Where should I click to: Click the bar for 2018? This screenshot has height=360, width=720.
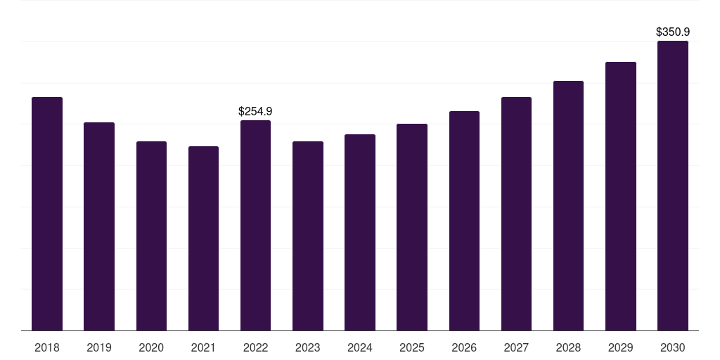47,214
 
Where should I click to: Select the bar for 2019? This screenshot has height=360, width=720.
99,226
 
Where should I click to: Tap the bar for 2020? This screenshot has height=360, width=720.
151,236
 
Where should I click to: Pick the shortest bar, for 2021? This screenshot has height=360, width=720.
203,238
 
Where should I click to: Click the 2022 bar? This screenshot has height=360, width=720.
255,226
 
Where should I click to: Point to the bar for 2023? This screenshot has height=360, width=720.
308,236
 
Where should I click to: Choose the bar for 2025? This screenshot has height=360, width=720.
412,227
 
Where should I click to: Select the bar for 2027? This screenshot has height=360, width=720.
516,214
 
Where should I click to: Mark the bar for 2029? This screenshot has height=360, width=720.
620,196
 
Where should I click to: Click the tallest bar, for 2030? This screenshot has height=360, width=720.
673,186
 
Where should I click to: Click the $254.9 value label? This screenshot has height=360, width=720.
255,111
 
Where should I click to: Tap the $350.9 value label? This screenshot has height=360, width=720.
673,32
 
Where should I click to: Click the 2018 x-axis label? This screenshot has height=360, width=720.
47,347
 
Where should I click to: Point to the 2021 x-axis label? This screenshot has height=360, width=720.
203,347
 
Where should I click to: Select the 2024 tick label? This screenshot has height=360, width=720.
360,347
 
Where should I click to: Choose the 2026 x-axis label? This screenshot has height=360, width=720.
464,347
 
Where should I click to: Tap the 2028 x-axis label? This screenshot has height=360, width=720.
568,347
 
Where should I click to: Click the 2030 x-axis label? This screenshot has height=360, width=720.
673,347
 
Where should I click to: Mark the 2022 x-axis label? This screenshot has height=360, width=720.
255,347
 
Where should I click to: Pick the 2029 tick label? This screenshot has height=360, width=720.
620,347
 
